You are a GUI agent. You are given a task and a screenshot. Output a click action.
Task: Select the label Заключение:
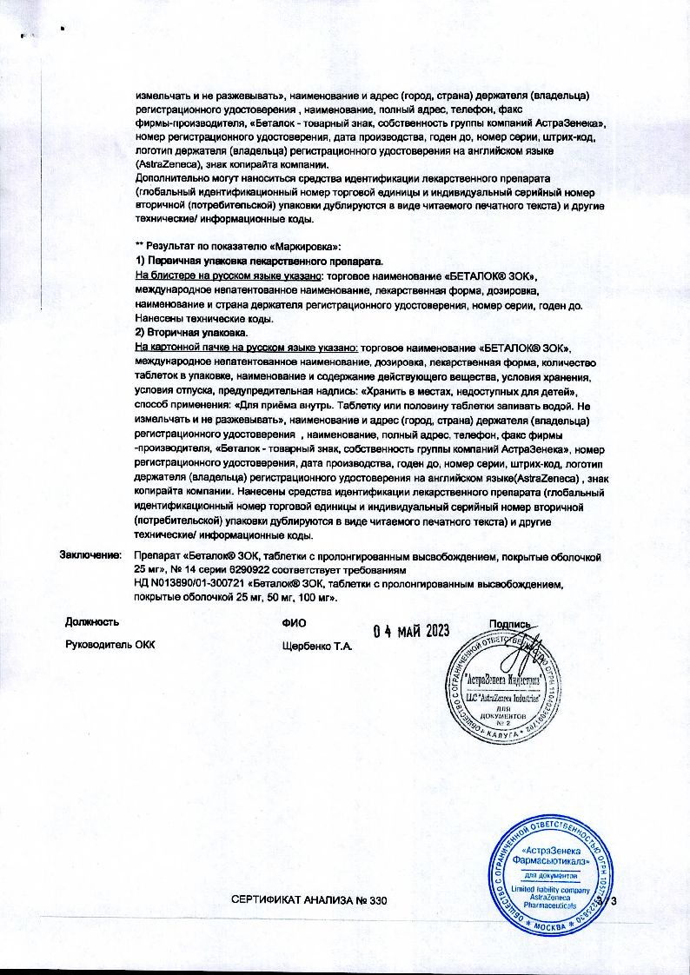click(89, 554)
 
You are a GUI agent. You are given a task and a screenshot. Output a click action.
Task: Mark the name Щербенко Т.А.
click(316, 646)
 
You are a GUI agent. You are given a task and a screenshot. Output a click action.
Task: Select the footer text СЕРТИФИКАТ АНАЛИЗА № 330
click(308, 901)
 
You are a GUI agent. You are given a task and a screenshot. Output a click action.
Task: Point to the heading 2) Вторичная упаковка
click(192, 334)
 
